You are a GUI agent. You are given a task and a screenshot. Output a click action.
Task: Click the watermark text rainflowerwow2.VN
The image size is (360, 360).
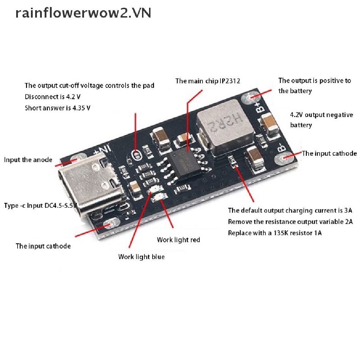tap(83, 13)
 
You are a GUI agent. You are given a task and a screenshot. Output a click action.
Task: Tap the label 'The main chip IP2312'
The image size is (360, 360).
tap(208, 81)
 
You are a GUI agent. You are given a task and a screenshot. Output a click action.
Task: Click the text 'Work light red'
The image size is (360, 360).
tap(178, 240)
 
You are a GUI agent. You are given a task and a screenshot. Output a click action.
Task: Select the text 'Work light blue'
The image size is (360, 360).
tap(141, 257)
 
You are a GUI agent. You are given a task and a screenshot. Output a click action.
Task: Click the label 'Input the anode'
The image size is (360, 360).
tap(28, 160)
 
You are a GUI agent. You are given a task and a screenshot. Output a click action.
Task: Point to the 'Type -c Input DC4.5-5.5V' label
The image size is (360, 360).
tap(40, 206)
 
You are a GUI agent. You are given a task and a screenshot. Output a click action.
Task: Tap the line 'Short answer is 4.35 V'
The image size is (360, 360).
tap(57, 108)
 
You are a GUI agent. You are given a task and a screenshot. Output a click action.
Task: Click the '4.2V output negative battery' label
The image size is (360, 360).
tap(321, 120)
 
